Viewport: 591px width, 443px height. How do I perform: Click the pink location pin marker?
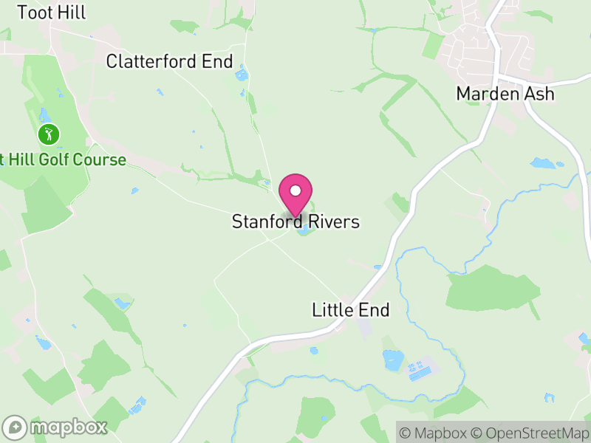tap(295, 195)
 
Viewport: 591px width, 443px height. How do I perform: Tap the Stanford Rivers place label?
tap(295, 221)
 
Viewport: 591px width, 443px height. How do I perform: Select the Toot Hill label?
tap(52, 13)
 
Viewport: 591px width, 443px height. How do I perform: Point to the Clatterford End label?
tap(169, 61)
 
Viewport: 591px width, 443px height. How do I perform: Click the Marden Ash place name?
tap(505, 94)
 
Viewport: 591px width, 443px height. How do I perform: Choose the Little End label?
tap(350, 310)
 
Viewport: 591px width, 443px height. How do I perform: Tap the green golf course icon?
tap(49, 134)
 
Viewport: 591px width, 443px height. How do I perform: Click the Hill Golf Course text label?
tap(64, 159)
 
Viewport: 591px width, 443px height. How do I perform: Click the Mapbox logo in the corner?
tap(56, 427)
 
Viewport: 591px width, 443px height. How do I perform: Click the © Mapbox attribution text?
tap(434, 433)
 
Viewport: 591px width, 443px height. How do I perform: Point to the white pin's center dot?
tap(295, 190)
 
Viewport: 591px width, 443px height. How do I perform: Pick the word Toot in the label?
tap(34, 13)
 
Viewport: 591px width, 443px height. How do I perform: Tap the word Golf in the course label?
tap(54, 159)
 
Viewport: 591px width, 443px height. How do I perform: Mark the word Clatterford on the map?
tap(153, 61)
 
